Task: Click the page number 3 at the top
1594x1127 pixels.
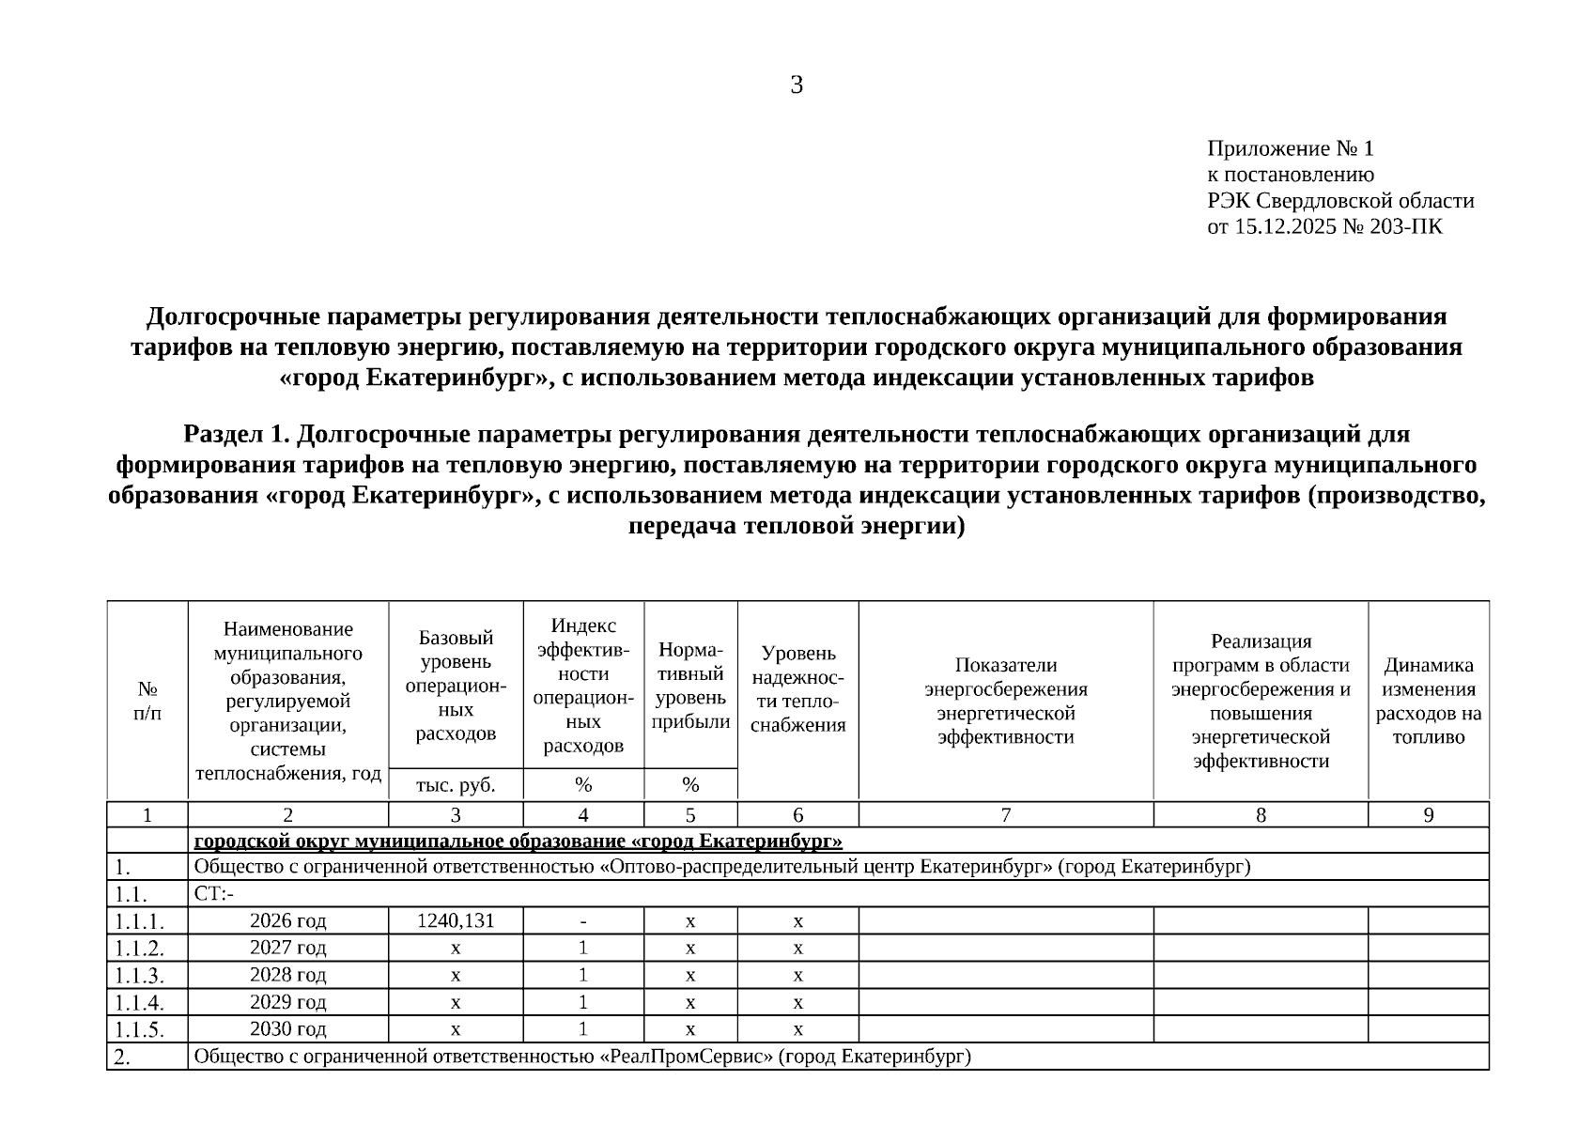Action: pyautogui.click(x=797, y=86)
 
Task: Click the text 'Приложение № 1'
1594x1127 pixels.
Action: pyautogui.click(x=1290, y=149)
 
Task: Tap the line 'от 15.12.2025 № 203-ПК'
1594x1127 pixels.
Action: pyautogui.click(x=1324, y=226)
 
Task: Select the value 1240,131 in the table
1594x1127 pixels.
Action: pyautogui.click(x=456, y=920)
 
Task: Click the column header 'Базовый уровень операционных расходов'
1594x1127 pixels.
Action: pyautogui.click(x=456, y=686)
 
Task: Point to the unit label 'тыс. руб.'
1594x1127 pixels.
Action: pyautogui.click(x=456, y=784)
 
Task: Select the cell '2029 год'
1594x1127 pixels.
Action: pyautogui.click(x=287, y=1002)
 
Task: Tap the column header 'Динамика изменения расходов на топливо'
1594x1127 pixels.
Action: pyautogui.click(x=1428, y=701)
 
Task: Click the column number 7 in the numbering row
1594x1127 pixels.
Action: pyautogui.click(x=1005, y=815)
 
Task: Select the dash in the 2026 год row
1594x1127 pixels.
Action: pyautogui.click(x=583, y=921)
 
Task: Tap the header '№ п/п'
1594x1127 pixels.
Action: pyautogui.click(x=147, y=701)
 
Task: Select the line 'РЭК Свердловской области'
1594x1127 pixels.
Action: pyautogui.click(x=1340, y=201)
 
